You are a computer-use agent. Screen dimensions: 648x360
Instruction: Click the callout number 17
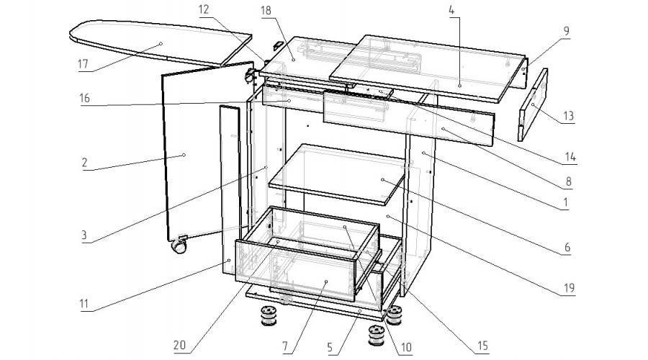83,64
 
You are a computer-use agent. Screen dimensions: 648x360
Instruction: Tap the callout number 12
204,9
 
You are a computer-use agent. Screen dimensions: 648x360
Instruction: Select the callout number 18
266,10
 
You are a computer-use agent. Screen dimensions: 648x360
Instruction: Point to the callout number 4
451,10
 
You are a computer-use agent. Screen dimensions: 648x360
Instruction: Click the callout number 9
566,31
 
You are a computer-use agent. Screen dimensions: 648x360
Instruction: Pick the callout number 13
569,116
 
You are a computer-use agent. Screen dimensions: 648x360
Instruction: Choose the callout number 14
570,157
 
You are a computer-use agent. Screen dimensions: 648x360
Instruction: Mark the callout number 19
570,288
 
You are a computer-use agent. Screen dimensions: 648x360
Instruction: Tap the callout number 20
180,345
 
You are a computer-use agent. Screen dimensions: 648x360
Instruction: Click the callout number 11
84,305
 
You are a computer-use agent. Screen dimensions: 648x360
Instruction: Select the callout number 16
84,98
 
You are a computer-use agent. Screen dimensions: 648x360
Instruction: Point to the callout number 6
567,247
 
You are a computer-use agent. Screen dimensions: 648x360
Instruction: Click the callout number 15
482,346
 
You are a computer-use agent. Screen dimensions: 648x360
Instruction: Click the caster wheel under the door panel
179,247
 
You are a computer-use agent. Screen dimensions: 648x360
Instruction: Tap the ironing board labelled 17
161,43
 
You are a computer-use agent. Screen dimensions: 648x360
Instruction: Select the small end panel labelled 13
532,105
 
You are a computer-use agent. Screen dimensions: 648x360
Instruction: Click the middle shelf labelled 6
337,174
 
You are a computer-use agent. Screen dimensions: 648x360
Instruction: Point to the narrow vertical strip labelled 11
230,190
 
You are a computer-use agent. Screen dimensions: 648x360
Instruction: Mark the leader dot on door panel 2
184,155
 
